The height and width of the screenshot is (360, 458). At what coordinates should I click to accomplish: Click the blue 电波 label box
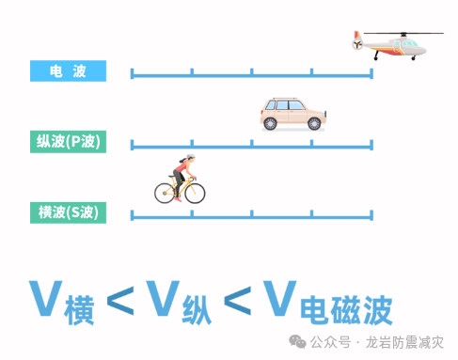pos(68,70)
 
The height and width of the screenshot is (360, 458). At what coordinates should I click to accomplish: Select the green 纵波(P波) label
pos(68,142)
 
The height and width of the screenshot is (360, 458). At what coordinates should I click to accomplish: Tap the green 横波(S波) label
pos(68,212)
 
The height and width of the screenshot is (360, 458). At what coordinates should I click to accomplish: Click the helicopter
pos(398,45)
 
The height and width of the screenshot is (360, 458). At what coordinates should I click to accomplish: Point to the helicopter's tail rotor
pos(357,44)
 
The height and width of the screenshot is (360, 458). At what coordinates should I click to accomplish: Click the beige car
pos(293,114)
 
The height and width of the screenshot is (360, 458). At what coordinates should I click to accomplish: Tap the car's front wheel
pos(314,124)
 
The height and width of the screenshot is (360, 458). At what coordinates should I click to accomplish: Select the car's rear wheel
pos(270,124)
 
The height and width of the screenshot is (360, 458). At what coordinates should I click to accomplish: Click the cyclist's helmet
pos(191,156)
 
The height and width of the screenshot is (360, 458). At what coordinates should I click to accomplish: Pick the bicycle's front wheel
pos(195,194)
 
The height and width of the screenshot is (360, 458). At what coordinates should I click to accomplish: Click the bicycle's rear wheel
pos(165,194)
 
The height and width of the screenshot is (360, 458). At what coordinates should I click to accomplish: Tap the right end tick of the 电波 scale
pos(371,73)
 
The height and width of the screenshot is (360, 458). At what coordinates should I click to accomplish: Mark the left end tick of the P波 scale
pos(132,145)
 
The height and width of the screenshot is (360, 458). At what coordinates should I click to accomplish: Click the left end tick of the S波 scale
pos(132,215)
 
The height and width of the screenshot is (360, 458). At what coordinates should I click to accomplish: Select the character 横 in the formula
pos(79,310)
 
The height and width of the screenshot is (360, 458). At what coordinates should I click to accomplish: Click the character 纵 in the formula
pos(197,310)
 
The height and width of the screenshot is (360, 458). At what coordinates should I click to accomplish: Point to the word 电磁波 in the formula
pos(346,310)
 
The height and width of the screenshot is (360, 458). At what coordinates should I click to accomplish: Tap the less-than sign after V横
pos(120,301)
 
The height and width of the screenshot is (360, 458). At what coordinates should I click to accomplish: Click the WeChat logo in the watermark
pos(297,341)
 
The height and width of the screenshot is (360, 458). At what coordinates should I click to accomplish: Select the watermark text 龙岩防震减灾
pos(404,342)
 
